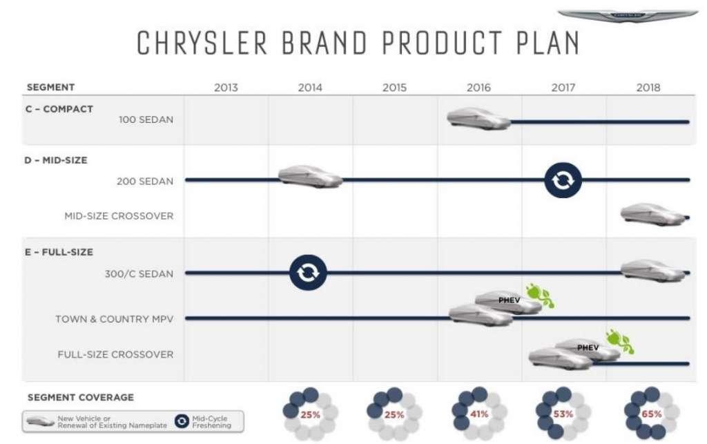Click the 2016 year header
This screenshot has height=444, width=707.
[478, 88]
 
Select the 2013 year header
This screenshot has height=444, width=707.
[226, 88]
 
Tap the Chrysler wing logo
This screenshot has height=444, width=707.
[628, 16]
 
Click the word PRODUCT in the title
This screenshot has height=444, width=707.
[442, 44]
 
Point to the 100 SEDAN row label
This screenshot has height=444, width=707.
[146, 120]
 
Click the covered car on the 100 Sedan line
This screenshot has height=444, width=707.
[478, 119]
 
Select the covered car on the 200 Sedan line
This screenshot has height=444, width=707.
[310, 176]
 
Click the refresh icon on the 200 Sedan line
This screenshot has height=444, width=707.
[563, 180]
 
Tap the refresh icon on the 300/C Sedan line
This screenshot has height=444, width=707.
[308, 273]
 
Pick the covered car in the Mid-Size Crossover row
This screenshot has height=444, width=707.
[653, 215]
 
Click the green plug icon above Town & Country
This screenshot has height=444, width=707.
[540, 296]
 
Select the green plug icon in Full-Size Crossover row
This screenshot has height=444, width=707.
[620, 341]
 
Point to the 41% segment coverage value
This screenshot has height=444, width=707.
[479, 414]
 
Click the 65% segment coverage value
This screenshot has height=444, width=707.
[652, 414]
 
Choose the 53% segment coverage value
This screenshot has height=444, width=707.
[563, 414]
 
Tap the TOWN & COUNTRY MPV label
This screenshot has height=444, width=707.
[114, 319]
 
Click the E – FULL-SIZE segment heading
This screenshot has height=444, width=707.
[59, 253]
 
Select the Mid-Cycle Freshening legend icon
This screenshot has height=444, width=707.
[182, 421]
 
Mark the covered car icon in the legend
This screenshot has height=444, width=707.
[41, 421]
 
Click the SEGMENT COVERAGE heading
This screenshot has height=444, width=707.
[81, 398]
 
